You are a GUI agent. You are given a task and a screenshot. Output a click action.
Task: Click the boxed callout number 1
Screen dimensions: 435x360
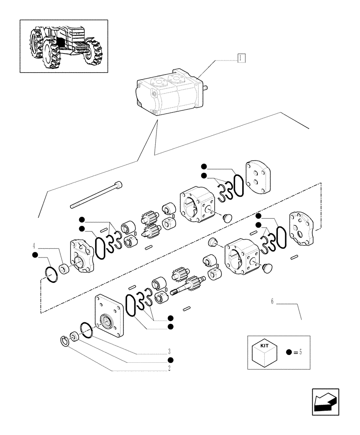[x=242, y=58]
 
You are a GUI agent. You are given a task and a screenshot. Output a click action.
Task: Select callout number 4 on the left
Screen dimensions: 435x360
[x=33, y=245]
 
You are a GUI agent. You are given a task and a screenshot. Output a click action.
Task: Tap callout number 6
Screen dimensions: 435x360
[x=272, y=301]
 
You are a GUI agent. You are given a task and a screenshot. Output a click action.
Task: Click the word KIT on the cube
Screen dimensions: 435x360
[x=264, y=345]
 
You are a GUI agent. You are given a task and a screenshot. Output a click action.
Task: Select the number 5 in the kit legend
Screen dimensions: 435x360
[x=300, y=352]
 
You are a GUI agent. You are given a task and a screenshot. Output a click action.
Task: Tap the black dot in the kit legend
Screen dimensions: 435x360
[x=289, y=352]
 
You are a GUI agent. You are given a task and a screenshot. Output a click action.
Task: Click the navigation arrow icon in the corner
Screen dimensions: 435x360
[x=325, y=402]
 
